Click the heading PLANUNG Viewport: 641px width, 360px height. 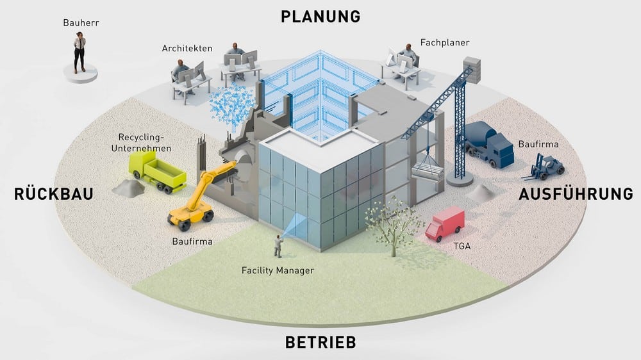(x=320, y=17)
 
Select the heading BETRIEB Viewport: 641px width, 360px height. (x=320, y=342)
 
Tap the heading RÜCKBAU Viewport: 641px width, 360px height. (x=54, y=193)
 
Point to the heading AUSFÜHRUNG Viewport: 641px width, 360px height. (x=576, y=193)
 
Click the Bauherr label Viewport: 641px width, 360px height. (x=81, y=23)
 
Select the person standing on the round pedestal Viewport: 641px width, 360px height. (x=79, y=53)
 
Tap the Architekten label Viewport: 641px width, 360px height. (x=187, y=48)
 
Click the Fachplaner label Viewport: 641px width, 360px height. (x=445, y=42)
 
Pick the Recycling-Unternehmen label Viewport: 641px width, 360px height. (x=141, y=143)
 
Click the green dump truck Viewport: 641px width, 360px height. (x=157, y=172)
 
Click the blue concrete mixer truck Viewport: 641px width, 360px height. (x=488, y=144)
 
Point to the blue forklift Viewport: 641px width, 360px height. (x=544, y=167)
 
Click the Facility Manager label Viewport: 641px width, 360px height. (x=278, y=270)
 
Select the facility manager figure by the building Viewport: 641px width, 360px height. (x=278, y=246)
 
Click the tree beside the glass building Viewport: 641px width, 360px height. (x=391, y=224)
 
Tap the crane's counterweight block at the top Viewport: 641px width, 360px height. (x=471, y=70)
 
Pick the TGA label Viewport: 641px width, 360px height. (x=462, y=246)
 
